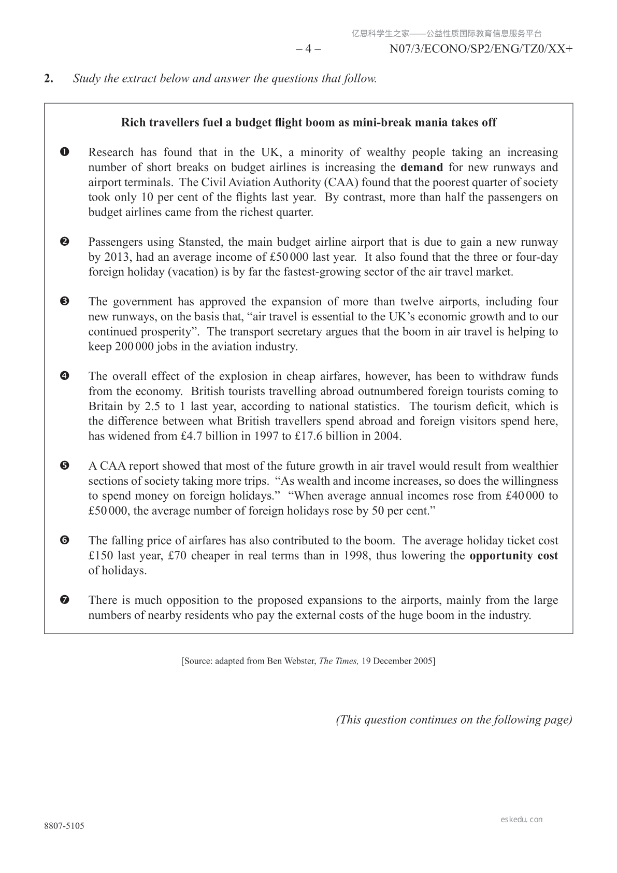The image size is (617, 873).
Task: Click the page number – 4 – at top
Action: [x=308, y=49]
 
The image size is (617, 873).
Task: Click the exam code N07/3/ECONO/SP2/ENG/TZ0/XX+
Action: [x=481, y=49]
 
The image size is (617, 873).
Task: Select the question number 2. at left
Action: [x=49, y=79]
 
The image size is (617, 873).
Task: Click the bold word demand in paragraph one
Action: [x=422, y=167]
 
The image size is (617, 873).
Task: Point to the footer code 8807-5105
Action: [x=64, y=826]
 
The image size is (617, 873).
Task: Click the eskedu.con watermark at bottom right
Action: [x=522, y=820]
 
